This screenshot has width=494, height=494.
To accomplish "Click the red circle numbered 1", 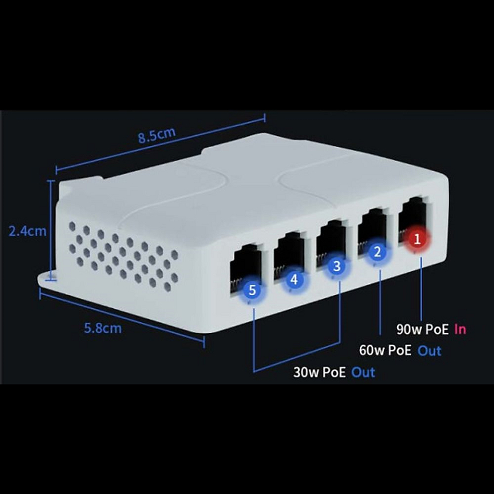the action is [x=417, y=240].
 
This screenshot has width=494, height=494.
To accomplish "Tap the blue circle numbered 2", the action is [x=377, y=252].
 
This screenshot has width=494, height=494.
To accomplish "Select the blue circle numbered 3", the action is [x=337, y=266].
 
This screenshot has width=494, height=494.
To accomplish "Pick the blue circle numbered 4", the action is [x=295, y=280].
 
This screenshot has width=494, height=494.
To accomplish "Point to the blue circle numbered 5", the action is [x=252, y=290].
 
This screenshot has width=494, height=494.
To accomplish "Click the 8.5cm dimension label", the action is [x=157, y=135].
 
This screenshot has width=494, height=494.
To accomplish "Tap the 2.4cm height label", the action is [x=27, y=231].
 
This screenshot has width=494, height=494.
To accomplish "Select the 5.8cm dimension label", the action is [x=103, y=329].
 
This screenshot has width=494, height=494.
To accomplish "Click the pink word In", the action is [x=460, y=329].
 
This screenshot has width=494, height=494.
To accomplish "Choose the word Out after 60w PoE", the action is [x=429, y=351].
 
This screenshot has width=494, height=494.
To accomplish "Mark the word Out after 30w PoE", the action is [x=363, y=372].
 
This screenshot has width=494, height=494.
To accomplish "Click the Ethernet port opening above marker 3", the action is [x=331, y=243].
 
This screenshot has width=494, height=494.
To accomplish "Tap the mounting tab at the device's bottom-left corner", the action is [x=48, y=280].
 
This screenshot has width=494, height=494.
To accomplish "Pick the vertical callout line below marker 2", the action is [x=380, y=302].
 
